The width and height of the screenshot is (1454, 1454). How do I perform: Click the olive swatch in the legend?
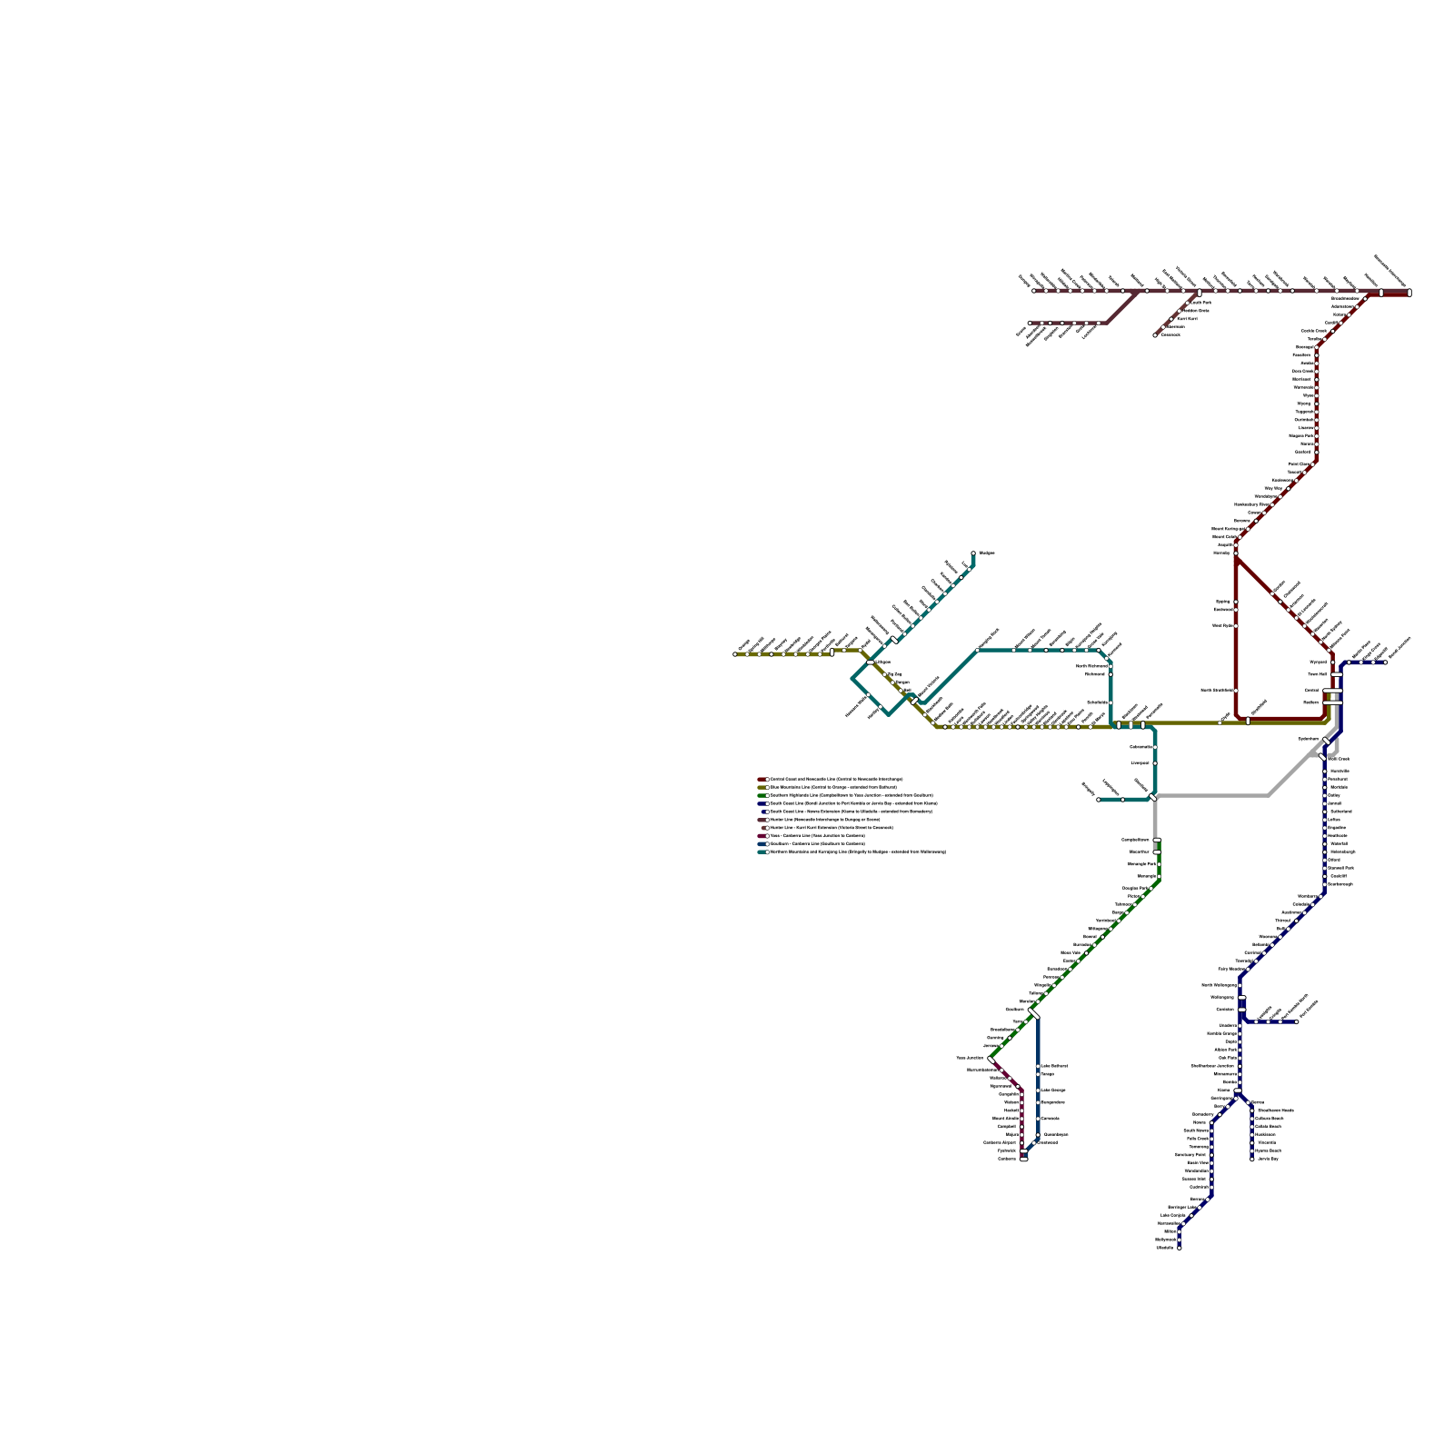[762, 787]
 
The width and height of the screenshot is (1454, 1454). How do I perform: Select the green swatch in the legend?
[762, 795]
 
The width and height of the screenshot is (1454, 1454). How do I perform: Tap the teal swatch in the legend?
[762, 851]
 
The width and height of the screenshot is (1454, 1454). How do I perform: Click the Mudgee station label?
[987, 553]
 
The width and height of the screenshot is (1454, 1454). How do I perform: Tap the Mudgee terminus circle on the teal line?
[973, 553]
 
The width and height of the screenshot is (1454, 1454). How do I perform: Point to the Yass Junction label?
[969, 1058]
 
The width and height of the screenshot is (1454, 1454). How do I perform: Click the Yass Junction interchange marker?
[991, 1059]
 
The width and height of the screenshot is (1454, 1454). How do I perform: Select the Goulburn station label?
[1014, 1009]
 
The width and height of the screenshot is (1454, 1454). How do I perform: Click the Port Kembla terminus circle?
[1297, 1021]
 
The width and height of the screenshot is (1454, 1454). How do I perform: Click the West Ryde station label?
[1222, 625]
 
